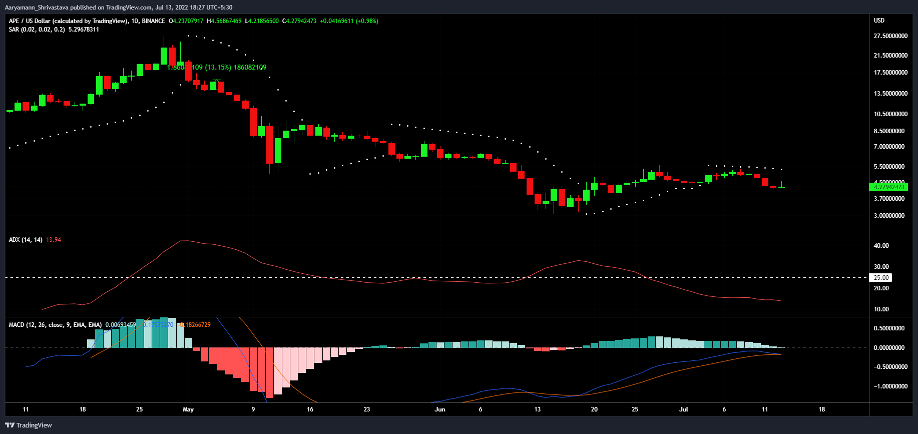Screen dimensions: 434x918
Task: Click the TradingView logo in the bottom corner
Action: [x=29, y=425]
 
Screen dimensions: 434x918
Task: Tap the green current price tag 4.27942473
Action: [x=889, y=187]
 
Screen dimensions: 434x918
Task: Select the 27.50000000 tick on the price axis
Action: [x=890, y=36]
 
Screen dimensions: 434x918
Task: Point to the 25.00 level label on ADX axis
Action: [x=881, y=278]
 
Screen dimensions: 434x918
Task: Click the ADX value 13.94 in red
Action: [x=54, y=240]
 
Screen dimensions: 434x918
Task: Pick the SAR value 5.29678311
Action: [x=84, y=30]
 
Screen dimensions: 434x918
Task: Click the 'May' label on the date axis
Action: [x=188, y=409]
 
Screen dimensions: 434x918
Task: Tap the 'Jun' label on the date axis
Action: [x=440, y=409]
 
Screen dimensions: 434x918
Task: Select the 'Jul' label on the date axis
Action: [x=683, y=409]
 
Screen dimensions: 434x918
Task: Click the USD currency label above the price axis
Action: [x=879, y=21]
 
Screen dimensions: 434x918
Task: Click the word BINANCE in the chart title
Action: [x=153, y=21]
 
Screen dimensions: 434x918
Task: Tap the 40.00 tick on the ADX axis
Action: [x=881, y=246]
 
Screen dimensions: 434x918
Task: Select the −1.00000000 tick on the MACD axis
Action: [x=890, y=386]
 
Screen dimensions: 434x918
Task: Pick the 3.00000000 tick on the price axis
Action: [x=889, y=216]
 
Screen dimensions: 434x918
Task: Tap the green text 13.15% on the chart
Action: [x=218, y=67]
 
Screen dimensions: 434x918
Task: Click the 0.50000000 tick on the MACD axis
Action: [x=889, y=328]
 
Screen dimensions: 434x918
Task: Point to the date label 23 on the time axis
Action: [x=367, y=409]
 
